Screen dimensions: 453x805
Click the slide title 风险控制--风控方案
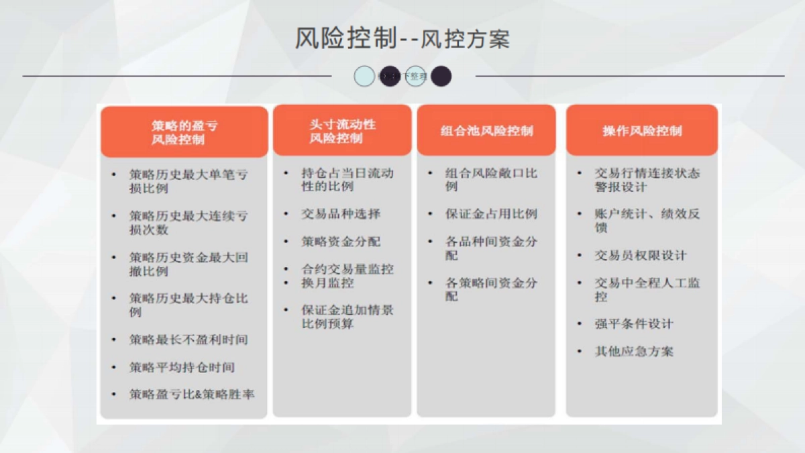point(402,39)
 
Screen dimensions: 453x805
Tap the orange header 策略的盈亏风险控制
point(184,132)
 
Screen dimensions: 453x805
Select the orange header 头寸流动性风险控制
point(342,131)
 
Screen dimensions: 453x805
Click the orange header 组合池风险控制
point(486,131)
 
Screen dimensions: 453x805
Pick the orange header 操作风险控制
point(642,131)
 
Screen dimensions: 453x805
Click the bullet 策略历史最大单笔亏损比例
point(189,181)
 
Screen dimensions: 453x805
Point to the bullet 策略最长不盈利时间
point(189,340)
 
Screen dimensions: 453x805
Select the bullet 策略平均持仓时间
point(182,367)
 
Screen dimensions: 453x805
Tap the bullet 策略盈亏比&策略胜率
point(192,395)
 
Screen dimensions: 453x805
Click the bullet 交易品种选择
point(341,214)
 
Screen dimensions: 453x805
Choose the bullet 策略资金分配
point(341,242)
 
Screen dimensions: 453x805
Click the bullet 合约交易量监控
point(347,269)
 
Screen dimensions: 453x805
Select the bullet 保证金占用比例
point(491,214)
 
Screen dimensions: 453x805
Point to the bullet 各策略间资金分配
point(491,289)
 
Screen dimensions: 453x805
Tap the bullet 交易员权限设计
point(641,256)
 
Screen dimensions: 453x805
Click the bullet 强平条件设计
point(634,324)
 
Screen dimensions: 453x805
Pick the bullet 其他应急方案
point(634,352)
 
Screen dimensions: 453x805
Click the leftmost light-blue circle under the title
point(364,77)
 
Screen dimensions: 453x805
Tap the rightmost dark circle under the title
point(441,77)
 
